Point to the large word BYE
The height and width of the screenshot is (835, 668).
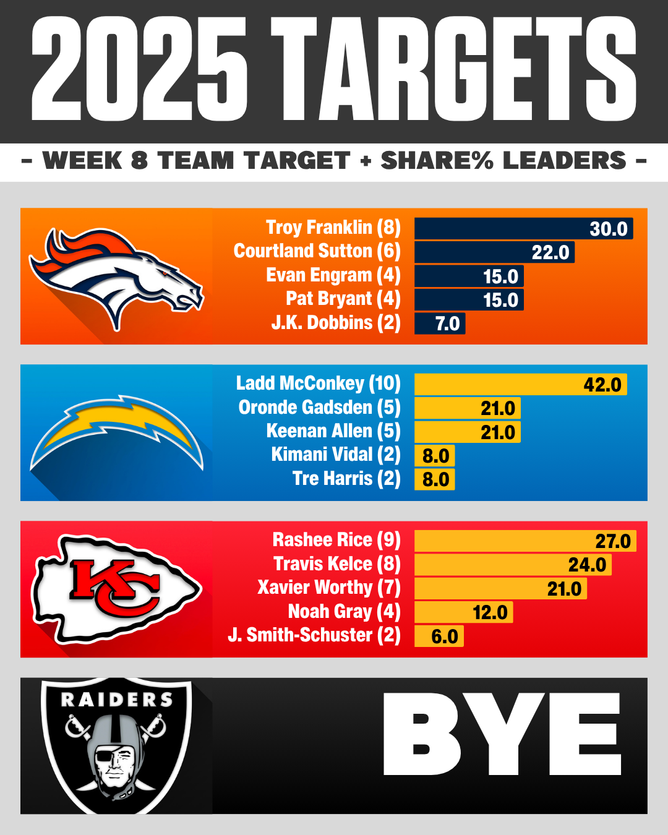pos(502,734)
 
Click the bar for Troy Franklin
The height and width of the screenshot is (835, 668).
pos(523,228)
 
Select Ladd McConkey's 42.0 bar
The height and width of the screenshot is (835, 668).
pos(520,384)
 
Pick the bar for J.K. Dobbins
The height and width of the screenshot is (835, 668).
pos(439,323)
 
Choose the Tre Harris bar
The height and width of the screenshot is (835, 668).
pos(434,479)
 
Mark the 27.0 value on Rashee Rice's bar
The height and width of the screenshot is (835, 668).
pos(612,541)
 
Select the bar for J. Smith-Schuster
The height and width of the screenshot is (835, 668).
pos(439,636)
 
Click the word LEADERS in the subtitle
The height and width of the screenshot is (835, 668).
pos(565,161)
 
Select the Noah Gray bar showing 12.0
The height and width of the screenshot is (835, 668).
pos(463,612)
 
